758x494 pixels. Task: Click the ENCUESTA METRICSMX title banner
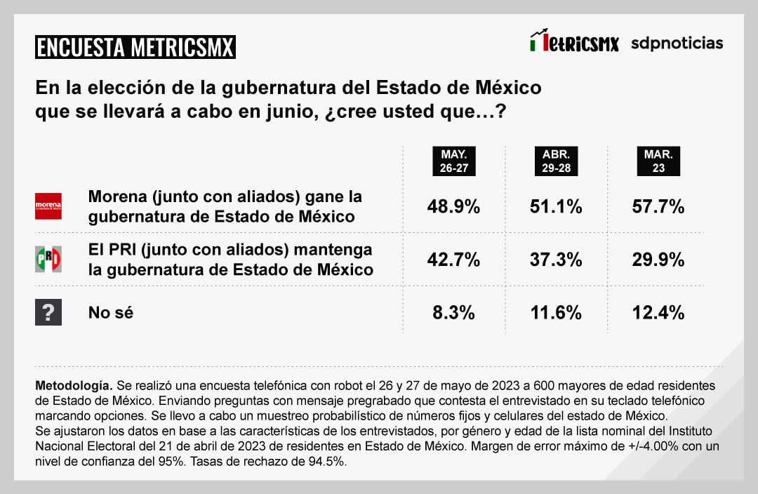(x=135, y=47)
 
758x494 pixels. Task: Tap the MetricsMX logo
(x=574, y=42)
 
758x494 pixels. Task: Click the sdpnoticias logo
(x=677, y=43)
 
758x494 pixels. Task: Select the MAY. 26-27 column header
(x=454, y=162)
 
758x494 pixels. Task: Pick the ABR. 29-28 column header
(x=556, y=162)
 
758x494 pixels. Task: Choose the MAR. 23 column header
(x=658, y=162)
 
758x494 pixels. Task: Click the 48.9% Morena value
(x=454, y=207)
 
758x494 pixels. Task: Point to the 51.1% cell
(x=556, y=207)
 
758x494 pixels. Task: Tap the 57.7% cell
(x=658, y=207)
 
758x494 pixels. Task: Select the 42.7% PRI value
(x=454, y=260)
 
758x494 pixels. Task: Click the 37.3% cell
(x=556, y=260)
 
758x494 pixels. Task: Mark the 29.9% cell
(x=658, y=260)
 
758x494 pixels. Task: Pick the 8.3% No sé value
(x=454, y=313)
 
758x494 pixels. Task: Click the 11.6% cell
(x=556, y=313)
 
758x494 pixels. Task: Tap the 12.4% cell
(x=658, y=313)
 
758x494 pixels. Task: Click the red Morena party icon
(x=48, y=206)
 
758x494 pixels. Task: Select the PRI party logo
(x=48, y=260)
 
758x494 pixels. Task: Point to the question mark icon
(x=48, y=312)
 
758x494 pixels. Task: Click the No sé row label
(x=111, y=313)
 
